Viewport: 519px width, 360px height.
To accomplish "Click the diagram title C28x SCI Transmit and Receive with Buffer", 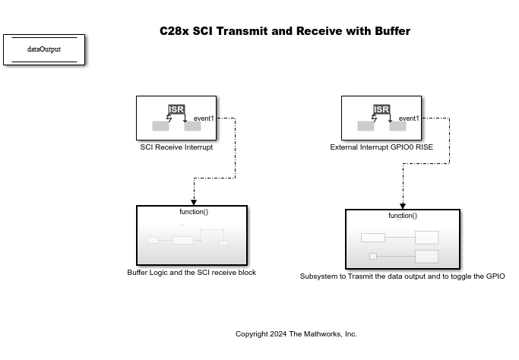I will (x=284, y=31).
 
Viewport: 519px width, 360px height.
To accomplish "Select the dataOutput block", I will (x=44, y=49).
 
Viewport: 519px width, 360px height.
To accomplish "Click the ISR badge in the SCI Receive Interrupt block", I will (x=176, y=109).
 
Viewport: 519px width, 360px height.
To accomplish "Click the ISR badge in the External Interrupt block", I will (x=381, y=109).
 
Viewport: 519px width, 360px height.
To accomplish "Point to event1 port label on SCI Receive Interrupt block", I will (x=204, y=118).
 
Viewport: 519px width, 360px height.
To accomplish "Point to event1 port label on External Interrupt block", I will (x=409, y=118).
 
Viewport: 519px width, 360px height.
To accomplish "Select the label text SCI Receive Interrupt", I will (x=176, y=147).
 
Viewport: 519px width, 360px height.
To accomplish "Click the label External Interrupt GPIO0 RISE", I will (x=381, y=147).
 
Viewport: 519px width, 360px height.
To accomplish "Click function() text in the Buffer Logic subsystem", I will (x=193, y=212).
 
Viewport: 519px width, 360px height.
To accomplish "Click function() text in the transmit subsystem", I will (x=403, y=216).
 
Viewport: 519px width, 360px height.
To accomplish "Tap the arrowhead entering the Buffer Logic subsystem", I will (x=194, y=202).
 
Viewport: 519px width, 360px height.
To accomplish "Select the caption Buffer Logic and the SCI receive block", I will (x=191, y=273).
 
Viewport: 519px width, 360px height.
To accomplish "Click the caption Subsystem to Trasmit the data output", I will (x=402, y=276).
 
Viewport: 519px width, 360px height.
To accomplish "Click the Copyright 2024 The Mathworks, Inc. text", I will (x=296, y=334).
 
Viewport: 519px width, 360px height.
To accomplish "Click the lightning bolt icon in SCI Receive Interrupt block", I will (x=169, y=118).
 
